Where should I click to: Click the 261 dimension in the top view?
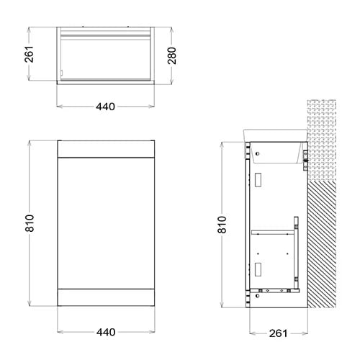[29, 54]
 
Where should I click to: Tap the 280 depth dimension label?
[172, 55]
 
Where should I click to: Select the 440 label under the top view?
[106, 107]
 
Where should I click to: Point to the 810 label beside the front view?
[30, 223]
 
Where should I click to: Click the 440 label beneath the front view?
[106, 333]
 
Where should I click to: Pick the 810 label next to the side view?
[222, 225]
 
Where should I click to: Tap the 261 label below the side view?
[278, 333]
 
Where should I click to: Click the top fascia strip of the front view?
[106, 149]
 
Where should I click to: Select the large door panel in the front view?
[106, 223]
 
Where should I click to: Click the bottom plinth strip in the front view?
[106, 297]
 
